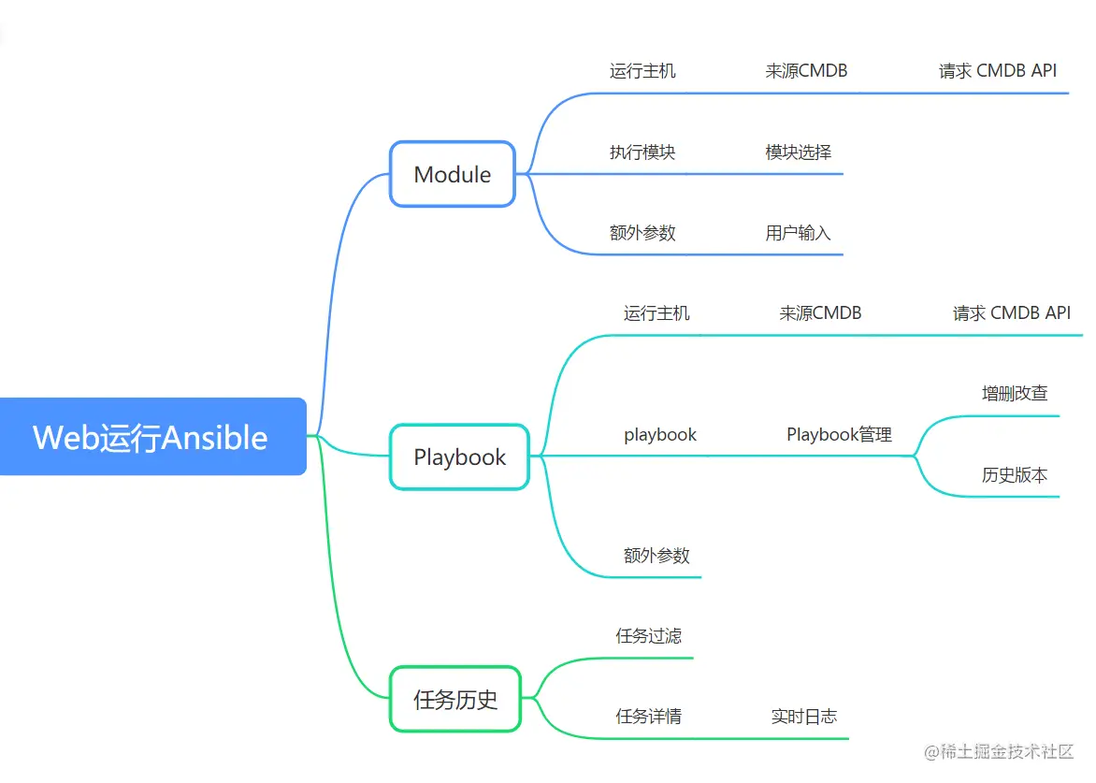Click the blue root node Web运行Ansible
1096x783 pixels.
click(x=151, y=437)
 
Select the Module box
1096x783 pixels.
click(x=453, y=174)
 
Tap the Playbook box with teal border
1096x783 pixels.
click(x=460, y=457)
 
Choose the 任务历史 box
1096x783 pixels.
click(x=455, y=699)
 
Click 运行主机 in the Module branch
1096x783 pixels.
click(x=642, y=71)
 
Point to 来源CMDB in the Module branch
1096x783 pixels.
click(x=806, y=71)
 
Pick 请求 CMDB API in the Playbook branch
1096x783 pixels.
click(x=1012, y=313)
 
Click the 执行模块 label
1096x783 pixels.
click(x=642, y=152)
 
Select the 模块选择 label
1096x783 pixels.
click(x=799, y=152)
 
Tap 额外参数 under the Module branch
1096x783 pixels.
click(x=642, y=233)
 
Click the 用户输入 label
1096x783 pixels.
click(x=799, y=233)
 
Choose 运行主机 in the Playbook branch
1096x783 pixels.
click(x=656, y=313)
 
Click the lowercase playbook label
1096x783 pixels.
click(x=660, y=435)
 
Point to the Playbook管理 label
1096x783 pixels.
click(x=839, y=435)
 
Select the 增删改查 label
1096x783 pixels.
click(x=1015, y=394)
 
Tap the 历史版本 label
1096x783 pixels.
click(x=1015, y=475)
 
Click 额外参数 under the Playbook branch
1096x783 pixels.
click(x=656, y=556)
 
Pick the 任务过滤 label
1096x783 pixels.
click(x=648, y=636)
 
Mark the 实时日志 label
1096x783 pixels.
click(x=804, y=717)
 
